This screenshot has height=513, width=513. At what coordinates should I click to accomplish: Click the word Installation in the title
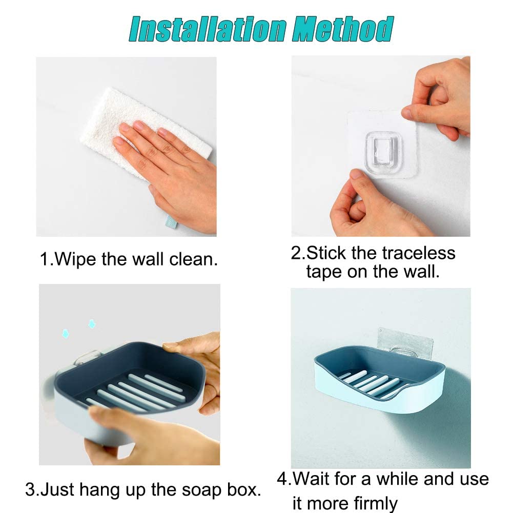tap(208, 29)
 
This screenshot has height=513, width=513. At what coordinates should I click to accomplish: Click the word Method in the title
tap(342, 29)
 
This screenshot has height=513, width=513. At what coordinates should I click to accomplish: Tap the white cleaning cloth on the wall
tap(144, 131)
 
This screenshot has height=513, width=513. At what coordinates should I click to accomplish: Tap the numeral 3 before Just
tap(30, 490)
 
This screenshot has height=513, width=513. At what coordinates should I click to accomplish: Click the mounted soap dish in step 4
tap(380, 380)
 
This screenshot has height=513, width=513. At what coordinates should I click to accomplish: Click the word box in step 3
tap(241, 490)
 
